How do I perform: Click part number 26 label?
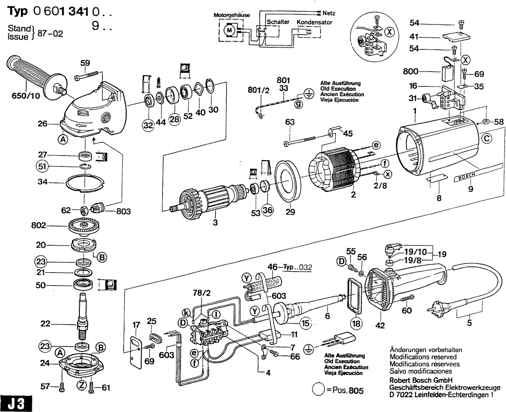pos(42,124)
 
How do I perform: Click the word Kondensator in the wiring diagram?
pos(314,23)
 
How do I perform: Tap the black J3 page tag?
pos(16,403)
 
